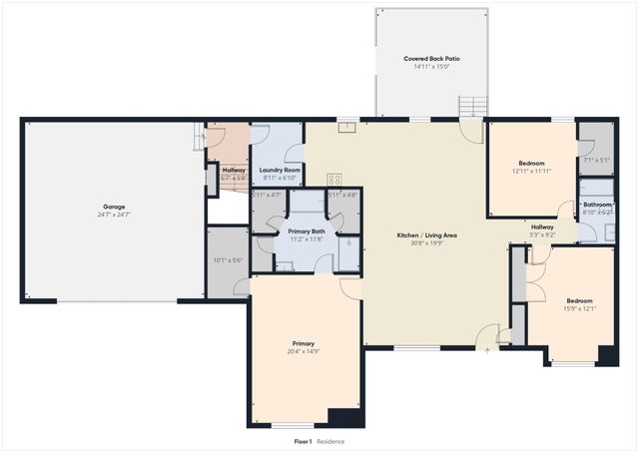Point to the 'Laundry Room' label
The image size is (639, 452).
[280, 170]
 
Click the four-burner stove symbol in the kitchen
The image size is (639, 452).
[334, 180]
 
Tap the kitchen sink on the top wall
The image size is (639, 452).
[345, 127]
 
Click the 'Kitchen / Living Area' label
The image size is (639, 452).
[426, 234]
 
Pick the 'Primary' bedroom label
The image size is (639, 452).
[304, 343]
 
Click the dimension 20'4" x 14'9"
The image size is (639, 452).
[304, 351]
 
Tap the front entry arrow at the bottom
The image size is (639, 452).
[487, 349]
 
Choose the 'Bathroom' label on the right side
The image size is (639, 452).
[597, 205]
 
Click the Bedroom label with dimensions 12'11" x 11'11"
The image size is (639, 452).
[531, 163]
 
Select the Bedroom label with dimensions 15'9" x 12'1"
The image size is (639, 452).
[579, 300]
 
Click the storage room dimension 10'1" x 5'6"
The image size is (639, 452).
[228, 260]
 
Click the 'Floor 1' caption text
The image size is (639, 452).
[303, 441]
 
